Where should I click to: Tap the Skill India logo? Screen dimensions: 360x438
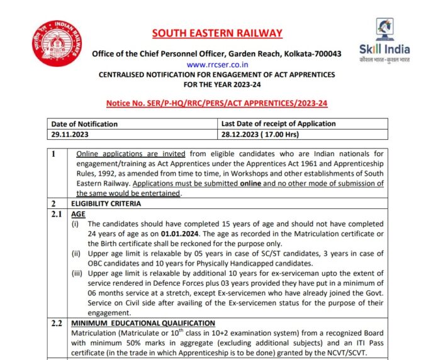(385, 38)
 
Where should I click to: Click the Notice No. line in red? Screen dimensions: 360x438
(217, 103)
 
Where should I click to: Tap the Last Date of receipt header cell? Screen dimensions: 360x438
(279, 124)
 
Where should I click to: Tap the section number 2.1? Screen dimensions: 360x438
(57, 214)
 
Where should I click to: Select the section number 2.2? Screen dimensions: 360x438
(57, 323)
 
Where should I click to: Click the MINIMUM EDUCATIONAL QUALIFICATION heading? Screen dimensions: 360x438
(142, 323)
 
